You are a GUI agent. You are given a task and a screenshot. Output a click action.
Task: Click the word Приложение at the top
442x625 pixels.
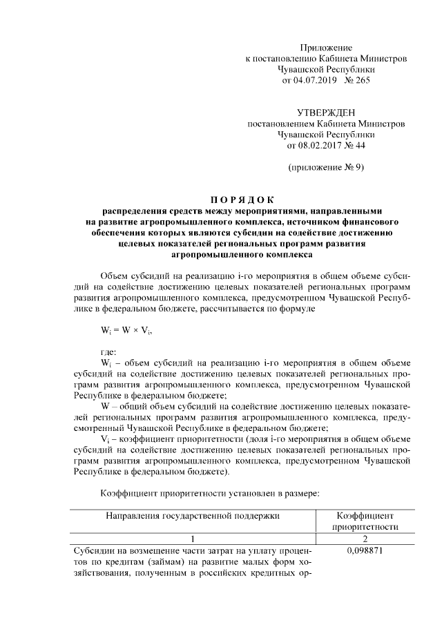pyautogui.click(x=326, y=48)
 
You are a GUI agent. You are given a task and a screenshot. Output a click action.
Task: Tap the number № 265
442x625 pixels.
pyautogui.click(x=355, y=81)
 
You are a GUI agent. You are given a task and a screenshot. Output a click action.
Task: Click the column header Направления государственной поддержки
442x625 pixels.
pyautogui.click(x=193, y=516)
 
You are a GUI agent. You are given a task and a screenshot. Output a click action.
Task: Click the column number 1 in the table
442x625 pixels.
pyautogui.click(x=193, y=538)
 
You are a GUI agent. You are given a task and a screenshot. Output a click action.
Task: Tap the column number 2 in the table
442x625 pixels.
pyautogui.click(x=363, y=538)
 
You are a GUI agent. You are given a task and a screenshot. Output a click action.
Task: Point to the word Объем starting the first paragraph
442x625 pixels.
pyautogui.click(x=115, y=275)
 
